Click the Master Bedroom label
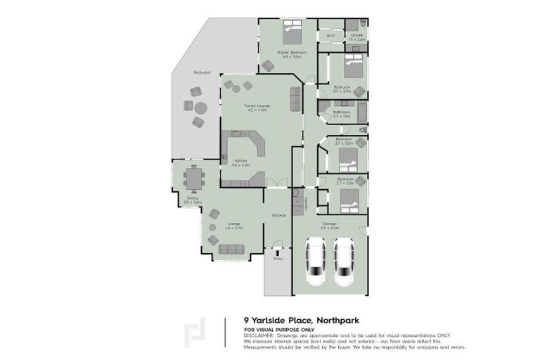(x=288, y=51)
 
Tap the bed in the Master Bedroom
(x=291, y=31)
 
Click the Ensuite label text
(x=356, y=34)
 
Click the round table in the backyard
(x=201, y=108)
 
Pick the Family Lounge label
(x=257, y=105)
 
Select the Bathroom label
(x=342, y=111)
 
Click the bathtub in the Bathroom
(x=361, y=112)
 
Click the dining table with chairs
(x=193, y=178)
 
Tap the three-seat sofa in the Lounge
(x=230, y=248)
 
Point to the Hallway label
(x=278, y=215)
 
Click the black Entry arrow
(x=278, y=251)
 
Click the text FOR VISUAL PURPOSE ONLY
(x=279, y=330)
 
